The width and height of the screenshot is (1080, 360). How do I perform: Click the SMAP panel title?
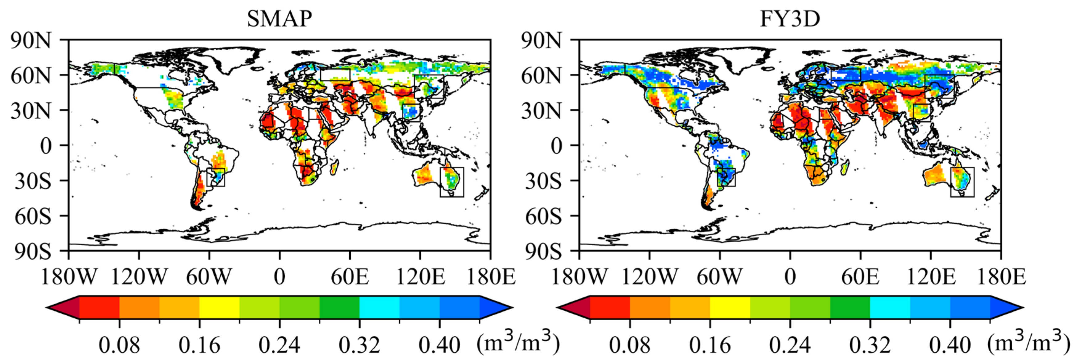[x=279, y=18]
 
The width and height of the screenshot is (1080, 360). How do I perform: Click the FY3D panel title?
[x=790, y=18]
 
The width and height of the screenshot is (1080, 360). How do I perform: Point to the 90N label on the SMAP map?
[x=31, y=41]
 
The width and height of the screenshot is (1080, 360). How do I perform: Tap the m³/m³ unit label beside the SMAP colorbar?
[x=518, y=343]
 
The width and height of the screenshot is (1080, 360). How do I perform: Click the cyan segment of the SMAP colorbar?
[x=379, y=307]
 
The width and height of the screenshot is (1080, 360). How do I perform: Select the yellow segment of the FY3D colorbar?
[x=730, y=307]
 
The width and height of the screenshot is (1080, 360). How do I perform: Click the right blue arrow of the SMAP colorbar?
[x=495, y=307]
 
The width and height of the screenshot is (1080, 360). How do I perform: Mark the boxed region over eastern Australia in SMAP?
[x=452, y=182]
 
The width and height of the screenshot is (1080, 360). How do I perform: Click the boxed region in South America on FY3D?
[x=726, y=177]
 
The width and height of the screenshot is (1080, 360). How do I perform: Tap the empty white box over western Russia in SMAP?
[x=335, y=75]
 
